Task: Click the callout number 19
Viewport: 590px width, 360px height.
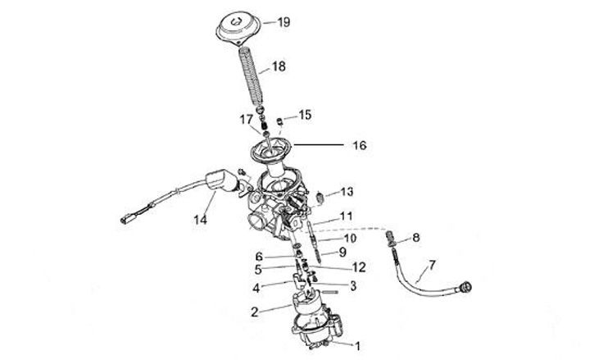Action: click(284, 22)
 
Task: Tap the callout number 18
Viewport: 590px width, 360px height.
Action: click(279, 66)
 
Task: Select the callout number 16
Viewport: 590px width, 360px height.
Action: click(359, 146)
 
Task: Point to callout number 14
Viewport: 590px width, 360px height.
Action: click(201, 221)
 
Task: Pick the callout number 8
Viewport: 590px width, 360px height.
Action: click(416, 238)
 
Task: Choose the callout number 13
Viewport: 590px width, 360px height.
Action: click(347, 192)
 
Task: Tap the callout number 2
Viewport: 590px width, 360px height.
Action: click(255, 312)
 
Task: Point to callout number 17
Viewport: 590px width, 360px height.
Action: click(247, 120)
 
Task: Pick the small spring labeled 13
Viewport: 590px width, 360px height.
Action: click(321, 197)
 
